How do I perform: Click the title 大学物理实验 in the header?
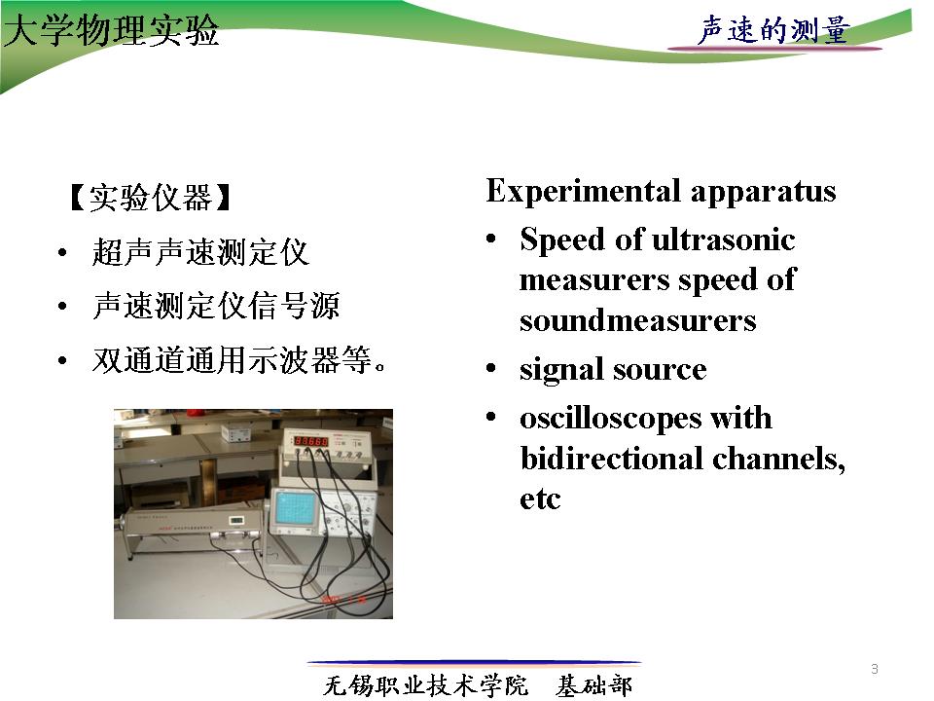coord(111,30)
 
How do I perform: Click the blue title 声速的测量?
coord(773,30)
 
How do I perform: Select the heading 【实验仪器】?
coord(150,198)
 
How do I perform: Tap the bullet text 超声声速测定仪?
coord(200,252)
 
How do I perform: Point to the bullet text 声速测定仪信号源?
coord(216,306)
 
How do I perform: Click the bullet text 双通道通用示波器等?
coord(239,360)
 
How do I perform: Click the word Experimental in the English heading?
coord(584,192)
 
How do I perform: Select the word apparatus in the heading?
coord(763,193)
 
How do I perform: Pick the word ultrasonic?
coord(723,240)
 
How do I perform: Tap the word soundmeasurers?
coord(638,320)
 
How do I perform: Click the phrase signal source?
coord(613,370)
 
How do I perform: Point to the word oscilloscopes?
coord(611,419)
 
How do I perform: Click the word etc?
coord(540,499)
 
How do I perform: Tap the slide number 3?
coord(875,669)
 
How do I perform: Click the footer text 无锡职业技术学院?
coord(425,685)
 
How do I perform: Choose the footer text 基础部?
coord(593,685)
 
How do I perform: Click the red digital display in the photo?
coord(311,441)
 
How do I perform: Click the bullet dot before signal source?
coord(490,368)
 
